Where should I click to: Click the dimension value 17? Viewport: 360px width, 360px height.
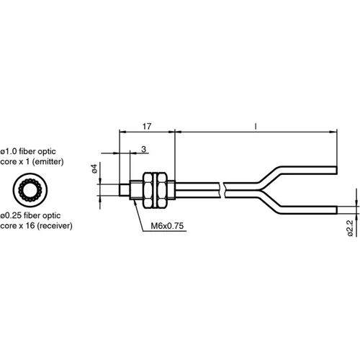(x=146, y=127)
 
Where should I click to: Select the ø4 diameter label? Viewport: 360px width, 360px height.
(x=94, y=169)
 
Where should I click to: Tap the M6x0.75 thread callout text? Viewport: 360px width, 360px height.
(x=168, y=226)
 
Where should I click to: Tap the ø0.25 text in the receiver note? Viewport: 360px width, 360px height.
(x=15, y=214)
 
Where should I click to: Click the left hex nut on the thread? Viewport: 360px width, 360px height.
(x=150, y=189)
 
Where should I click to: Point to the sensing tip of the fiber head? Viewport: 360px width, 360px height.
(x=120, y=189)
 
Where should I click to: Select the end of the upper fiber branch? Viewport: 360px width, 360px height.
(x=335, y=170)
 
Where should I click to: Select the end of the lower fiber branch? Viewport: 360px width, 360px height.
(x=335, y=208)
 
